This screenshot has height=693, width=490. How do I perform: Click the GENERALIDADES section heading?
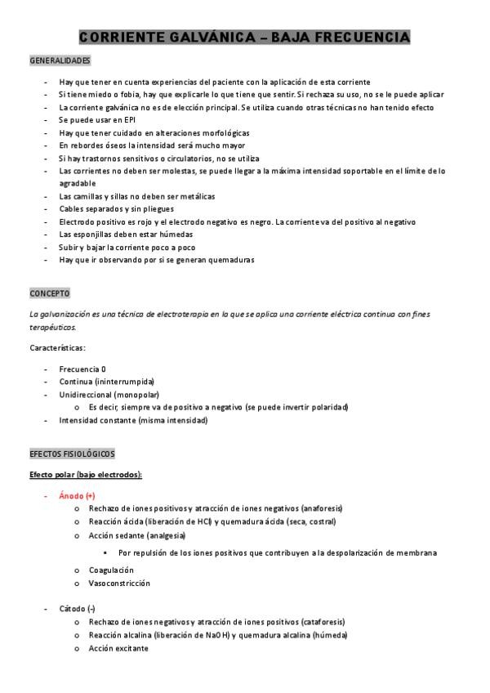[x=60, y=61]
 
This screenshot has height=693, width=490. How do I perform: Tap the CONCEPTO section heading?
[x=50, y=293]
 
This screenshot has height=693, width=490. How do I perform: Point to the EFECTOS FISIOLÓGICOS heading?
[x=72, y=454]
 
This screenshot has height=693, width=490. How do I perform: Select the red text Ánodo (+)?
[x=77, y=496]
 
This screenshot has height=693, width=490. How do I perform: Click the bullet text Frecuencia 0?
[x=82, y=369]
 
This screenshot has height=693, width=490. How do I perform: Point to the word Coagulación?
[x=111, y=570]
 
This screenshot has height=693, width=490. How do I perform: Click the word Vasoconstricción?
[x=119, y=583]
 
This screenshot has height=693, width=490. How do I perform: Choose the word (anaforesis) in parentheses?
[x=322, y=508]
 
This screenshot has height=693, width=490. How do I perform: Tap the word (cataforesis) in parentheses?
[x=323, y=622]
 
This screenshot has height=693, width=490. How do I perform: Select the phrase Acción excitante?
[x=118, y=648]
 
